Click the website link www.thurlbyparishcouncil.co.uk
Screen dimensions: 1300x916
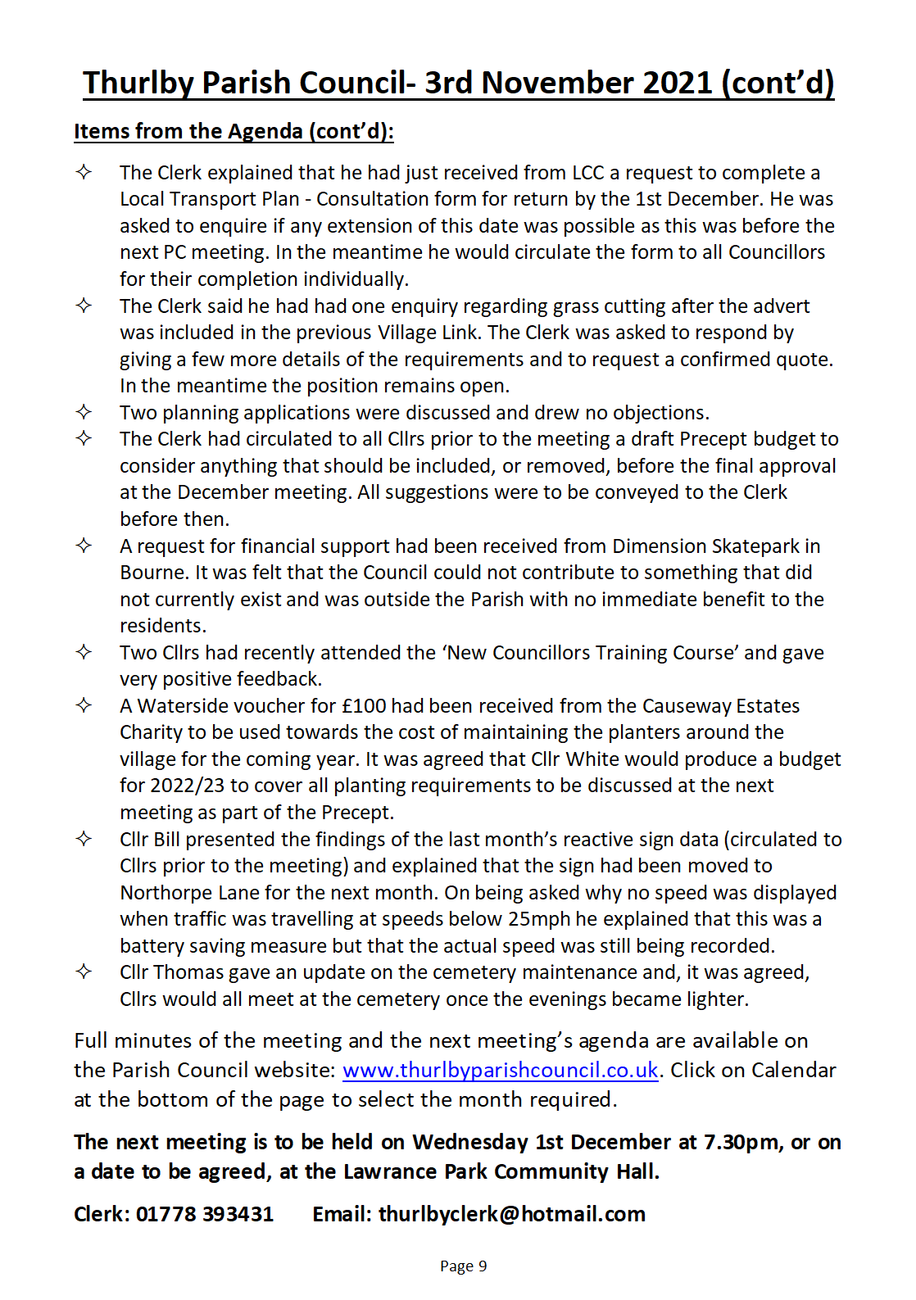(x=500, y=1071)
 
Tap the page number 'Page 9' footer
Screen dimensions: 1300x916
(x=463, y=1266)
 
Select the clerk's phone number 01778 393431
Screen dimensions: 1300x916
(x=204, y=1214)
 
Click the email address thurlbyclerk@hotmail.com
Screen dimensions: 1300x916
(x=511, y=1214)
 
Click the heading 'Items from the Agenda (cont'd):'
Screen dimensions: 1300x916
(x=234, y=132)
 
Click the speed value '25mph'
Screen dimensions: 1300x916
(x=538, y=919)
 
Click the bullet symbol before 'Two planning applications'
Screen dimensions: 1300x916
(x=84, y=412)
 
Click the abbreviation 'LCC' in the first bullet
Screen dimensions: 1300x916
(x=587, y=173)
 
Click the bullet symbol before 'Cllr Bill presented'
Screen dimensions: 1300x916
(x=84, y=839)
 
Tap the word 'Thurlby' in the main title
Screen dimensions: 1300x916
(x=138, y=84)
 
